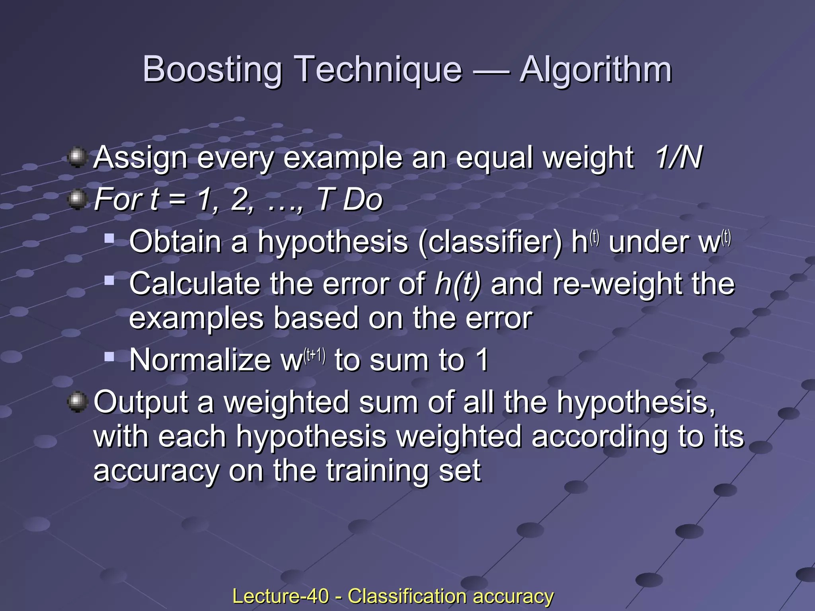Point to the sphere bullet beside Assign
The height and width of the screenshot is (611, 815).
point(78,158)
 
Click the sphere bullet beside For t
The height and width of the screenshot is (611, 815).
point(78,199)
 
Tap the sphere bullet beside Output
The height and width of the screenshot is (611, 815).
point(78,402)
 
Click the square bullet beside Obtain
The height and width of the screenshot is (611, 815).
point(109,239)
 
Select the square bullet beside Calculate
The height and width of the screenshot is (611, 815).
point(109,281)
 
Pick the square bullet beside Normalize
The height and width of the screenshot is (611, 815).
point(109,356)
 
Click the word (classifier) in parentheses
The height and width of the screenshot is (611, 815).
point(490,242)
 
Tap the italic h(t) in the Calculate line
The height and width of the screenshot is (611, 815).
point(458,284)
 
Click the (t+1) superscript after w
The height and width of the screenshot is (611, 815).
point(314,356)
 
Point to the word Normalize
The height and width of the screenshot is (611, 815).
point(200,360)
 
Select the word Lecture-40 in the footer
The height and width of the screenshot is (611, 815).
point(281,596)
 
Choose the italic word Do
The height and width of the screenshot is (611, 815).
point(363,199)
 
